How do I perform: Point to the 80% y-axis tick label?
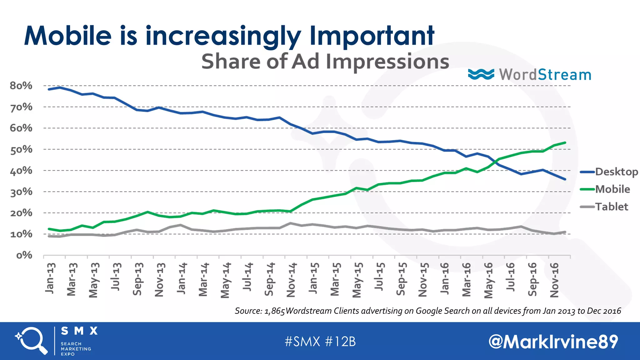pos(21,86)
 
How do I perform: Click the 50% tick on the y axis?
pos(21,150)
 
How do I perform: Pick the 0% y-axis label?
pos(24,255)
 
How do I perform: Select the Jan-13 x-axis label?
pos(50,278)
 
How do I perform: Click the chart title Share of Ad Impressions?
pos(325,61)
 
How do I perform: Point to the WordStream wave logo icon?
pos(481,74)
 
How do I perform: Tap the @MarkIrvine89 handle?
pos(553,342)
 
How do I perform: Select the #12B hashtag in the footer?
pos(340,342)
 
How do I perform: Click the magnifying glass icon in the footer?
pos(31,341)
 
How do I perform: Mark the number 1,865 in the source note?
pos(274,311)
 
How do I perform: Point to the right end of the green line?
pos(565,142)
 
